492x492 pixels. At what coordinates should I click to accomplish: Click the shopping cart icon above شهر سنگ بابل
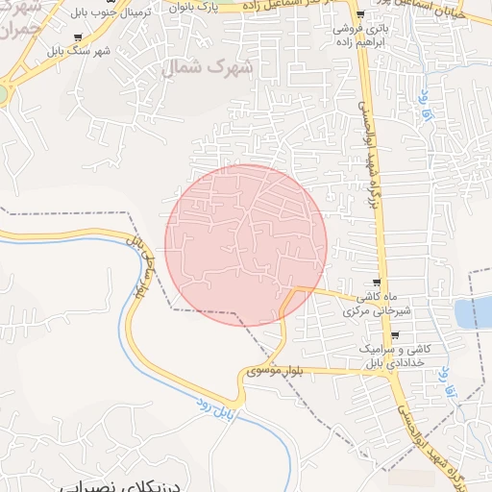tap(101, 32)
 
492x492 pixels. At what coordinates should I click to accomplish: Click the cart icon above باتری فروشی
tap(359, 14)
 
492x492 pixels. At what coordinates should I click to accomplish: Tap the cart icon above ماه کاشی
tap(377, 283)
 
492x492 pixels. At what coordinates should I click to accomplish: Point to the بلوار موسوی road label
tap(276, 369)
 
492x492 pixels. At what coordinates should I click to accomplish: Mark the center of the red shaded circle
tap(246, 245)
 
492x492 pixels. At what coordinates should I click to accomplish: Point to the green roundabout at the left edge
tap(2, 93)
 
